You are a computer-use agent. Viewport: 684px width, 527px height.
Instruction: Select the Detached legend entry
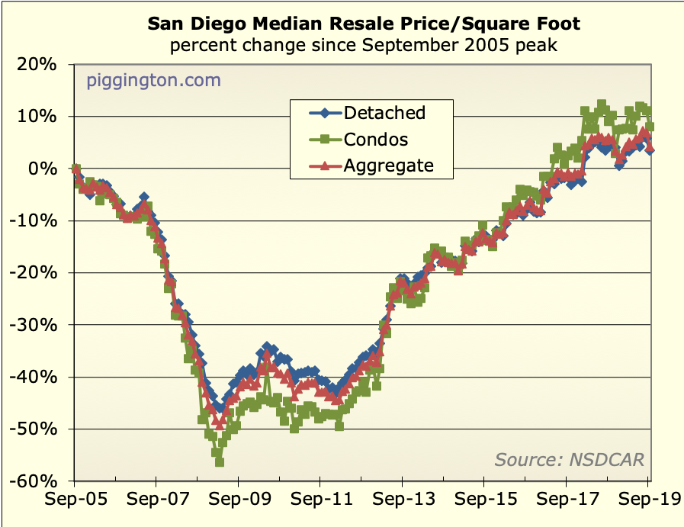[x=384, y=113]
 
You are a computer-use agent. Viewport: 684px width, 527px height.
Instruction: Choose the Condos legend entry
[x=376, y=139]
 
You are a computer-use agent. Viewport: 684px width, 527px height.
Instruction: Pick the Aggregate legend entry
[x=388, y=165]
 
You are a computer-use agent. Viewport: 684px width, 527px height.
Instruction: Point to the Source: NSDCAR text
[x=569, y=459]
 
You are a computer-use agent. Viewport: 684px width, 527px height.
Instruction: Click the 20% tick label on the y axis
[x=37, y=64]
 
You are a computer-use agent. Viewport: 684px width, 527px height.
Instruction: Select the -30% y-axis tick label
[x=34, y=325]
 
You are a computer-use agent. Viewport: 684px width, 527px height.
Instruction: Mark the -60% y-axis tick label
[x=34, y=481]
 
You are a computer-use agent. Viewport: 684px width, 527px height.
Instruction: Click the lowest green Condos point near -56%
[x=220, y=461]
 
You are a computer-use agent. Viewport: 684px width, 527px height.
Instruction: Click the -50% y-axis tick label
[x=34, y=429]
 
